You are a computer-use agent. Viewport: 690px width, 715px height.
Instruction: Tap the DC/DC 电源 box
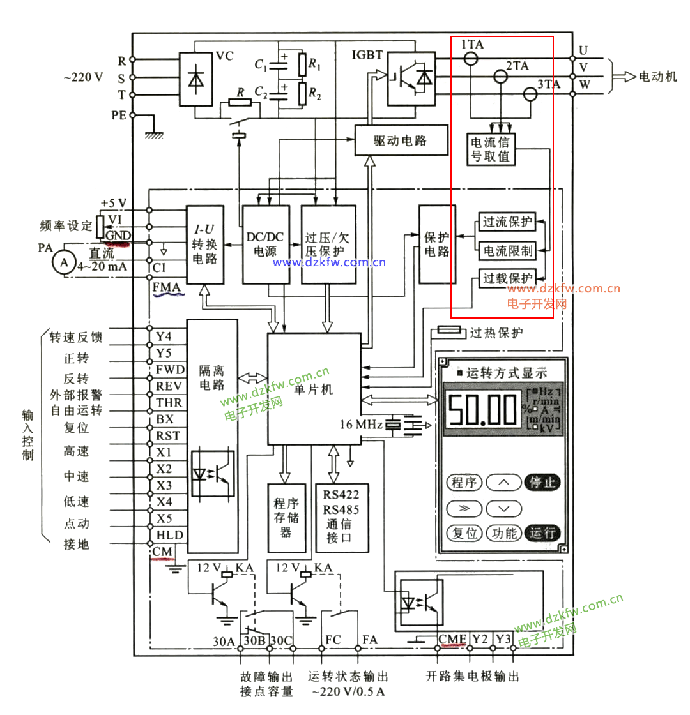265,245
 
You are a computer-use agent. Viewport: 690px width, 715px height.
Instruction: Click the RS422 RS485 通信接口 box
341,518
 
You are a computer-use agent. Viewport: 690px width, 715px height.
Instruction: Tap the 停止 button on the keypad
542,482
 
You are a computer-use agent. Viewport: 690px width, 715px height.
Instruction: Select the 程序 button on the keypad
464,482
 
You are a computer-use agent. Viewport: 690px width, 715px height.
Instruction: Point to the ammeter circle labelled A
63,262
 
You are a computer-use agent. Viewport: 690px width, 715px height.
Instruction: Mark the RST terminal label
168,436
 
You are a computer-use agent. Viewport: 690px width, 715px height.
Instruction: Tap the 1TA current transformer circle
471,59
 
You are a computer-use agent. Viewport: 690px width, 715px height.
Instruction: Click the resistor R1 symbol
303,64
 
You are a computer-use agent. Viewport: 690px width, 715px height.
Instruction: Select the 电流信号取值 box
491,148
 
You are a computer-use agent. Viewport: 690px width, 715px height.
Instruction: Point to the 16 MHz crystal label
362,424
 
